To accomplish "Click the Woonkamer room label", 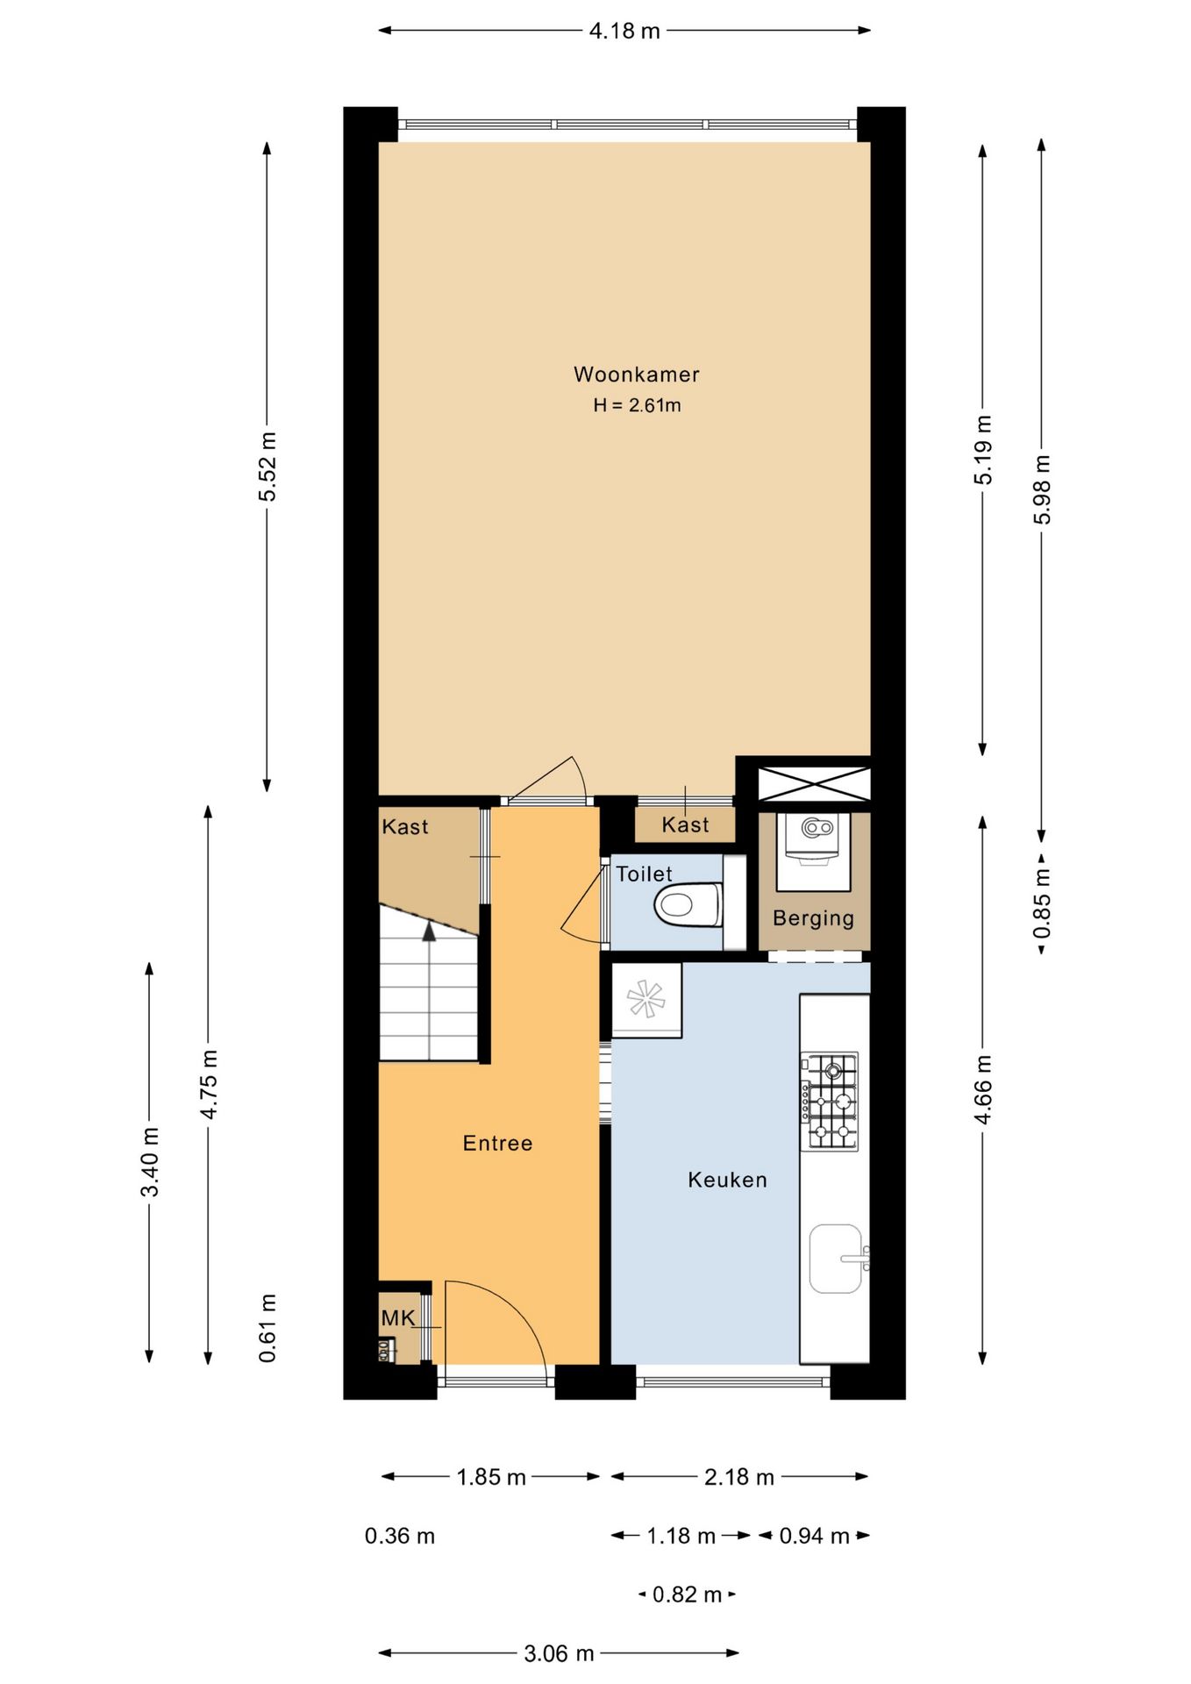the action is point(636,375).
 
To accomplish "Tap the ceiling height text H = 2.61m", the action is point(637,405).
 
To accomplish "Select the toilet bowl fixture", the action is point(688,904).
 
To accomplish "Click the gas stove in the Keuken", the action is point(829,1102).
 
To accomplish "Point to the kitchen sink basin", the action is point(835,1259).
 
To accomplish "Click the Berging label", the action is point(813,918).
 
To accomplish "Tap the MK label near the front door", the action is point(398,1317).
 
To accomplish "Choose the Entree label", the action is point(497,1143).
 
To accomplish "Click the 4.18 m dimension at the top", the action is point(624,31).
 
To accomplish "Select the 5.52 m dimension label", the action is point(267,467).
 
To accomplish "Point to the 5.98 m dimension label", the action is point(1042,489).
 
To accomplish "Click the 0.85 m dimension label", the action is point(1042,903).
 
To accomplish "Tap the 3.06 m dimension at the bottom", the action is point(559,1653).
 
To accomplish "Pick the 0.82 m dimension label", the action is point(687,1594).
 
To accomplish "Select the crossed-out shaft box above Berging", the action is point(814,783).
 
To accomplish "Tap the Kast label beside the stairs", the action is point(405,826).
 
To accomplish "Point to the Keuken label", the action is point(727,1180).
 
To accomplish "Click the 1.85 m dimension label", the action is point(491,1477).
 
